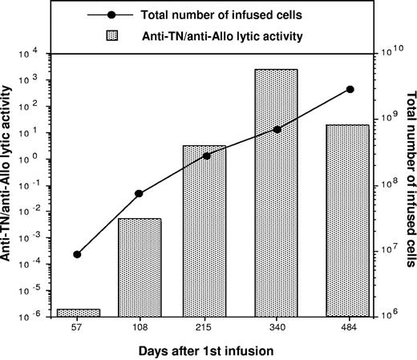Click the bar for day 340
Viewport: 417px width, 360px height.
277,192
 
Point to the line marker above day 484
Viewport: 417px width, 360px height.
350,89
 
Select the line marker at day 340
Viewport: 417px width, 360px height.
277,129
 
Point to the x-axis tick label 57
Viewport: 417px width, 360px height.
77,327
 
